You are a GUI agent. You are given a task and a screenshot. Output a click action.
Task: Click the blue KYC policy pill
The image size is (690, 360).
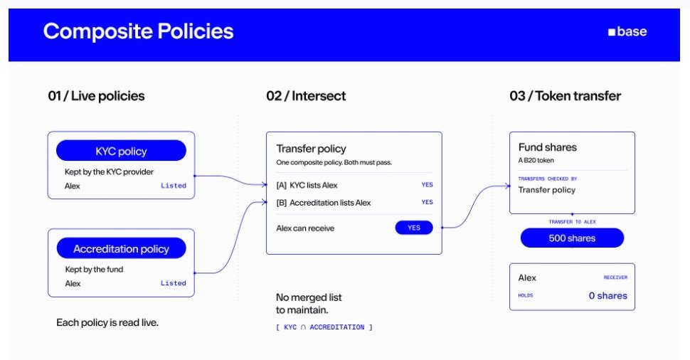(121, 151)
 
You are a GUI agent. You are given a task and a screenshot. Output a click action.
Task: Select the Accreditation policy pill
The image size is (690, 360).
(121, 248)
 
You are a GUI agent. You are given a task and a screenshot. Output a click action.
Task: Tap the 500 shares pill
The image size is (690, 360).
(572, 238)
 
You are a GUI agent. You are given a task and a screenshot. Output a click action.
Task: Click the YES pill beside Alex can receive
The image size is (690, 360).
(414, 228)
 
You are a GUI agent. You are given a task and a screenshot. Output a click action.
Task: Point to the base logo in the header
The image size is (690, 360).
(627, 32)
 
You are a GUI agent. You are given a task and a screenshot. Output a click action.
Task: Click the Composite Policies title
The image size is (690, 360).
(138, 31)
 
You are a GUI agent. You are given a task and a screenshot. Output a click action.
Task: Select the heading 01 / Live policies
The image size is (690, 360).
(96, 96)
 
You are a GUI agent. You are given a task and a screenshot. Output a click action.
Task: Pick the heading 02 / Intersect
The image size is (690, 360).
(306, 96)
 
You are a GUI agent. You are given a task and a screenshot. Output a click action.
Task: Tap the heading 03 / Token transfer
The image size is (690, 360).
(565, 96)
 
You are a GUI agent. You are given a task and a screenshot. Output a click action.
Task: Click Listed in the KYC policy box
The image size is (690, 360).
(174, 186)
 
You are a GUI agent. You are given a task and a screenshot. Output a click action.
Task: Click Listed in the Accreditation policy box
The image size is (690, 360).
(174, 283)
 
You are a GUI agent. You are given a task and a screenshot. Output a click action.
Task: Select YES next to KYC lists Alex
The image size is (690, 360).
(427, 185)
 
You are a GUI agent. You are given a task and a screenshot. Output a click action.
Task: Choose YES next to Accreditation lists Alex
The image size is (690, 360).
(427, 202)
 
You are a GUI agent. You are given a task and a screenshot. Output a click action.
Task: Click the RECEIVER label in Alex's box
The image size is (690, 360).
(615, 277)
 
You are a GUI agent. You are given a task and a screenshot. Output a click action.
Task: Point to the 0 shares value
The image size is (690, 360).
(607, 296)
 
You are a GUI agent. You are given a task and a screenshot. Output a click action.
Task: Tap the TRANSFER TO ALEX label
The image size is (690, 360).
(572, 222)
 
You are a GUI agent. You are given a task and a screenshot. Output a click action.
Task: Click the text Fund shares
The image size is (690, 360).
(548, 147)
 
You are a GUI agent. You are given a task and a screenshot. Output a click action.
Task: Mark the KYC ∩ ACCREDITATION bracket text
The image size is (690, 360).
(324, 327)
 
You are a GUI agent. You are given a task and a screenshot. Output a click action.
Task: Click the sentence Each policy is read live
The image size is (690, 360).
(107, 322)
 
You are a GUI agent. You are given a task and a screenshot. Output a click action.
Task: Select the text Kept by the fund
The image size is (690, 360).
(94, 270)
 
